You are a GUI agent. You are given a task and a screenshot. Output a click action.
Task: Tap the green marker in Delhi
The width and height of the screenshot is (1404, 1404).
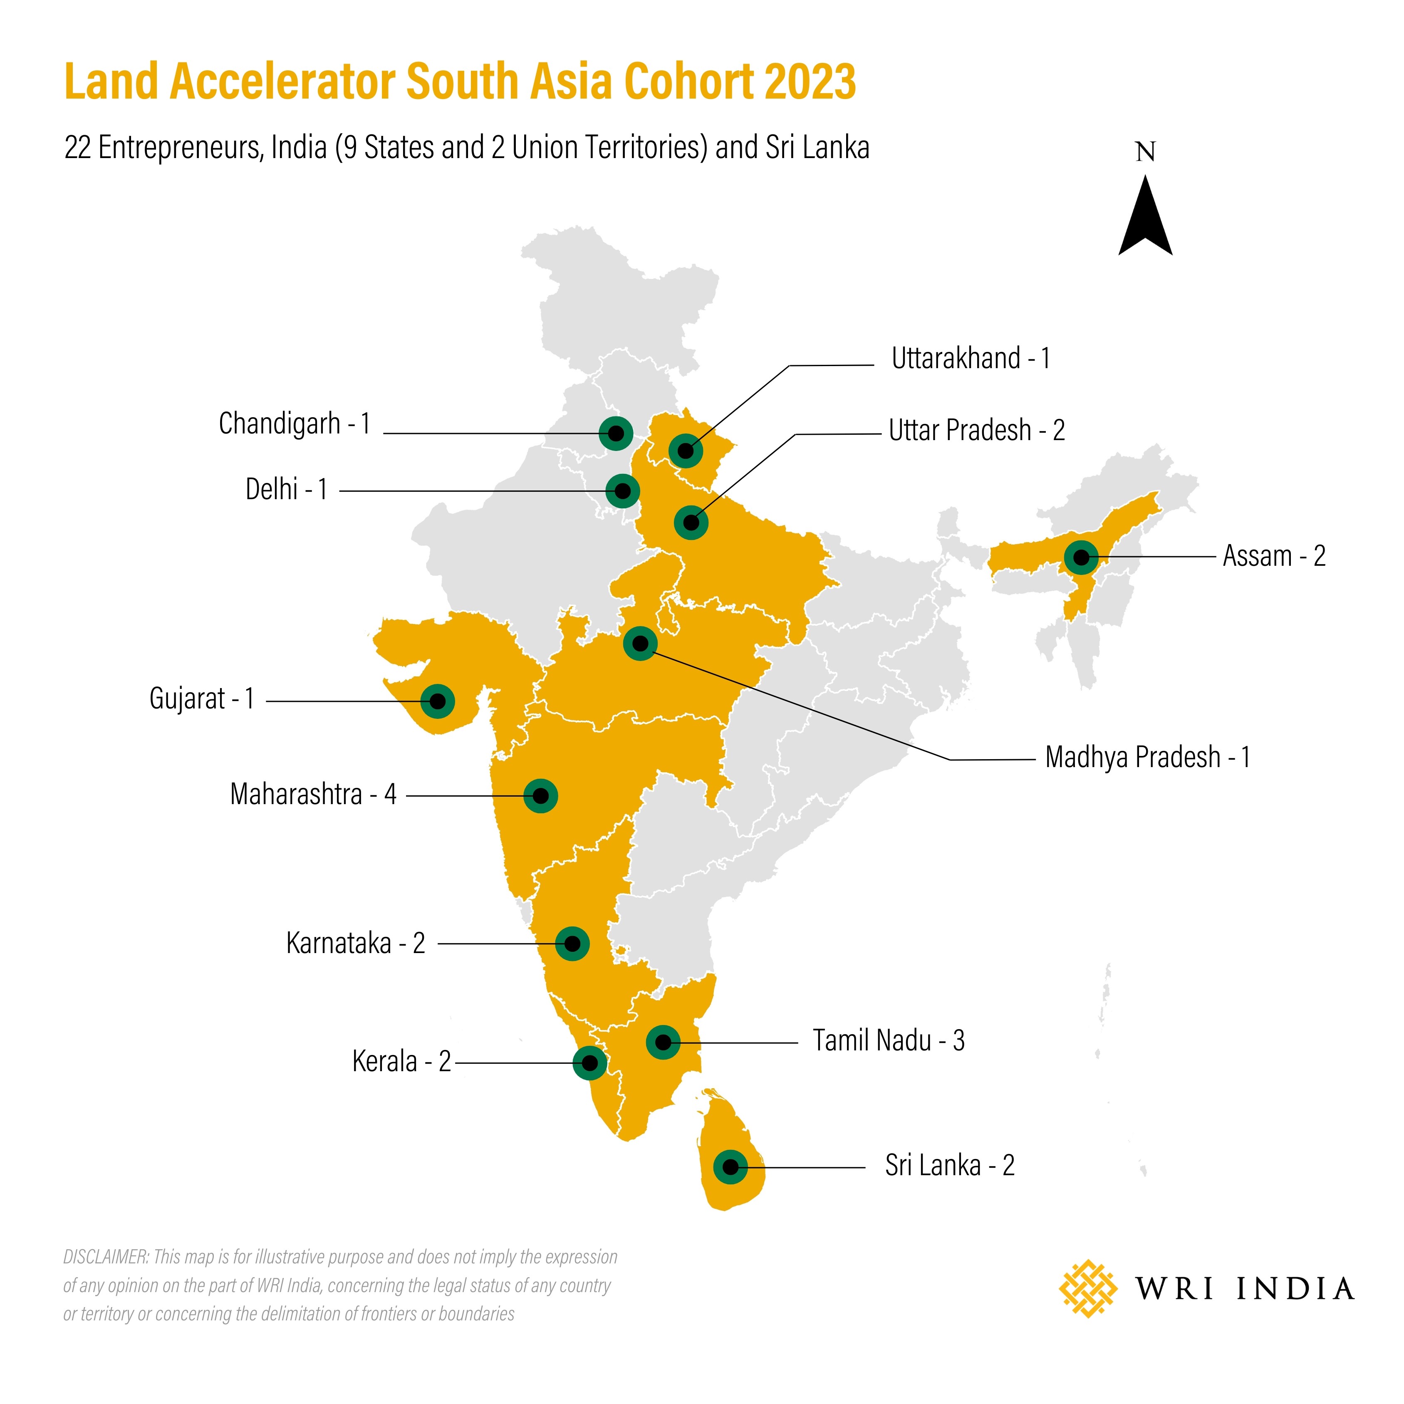pyautogui.click(x=623, y=491)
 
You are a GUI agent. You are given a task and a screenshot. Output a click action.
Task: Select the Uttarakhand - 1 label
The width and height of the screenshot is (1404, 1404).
pyautogui.click(x=970, y=358)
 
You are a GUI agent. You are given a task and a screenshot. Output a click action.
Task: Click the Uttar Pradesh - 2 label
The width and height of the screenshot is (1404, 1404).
pyautogui.click(x=976, y=430)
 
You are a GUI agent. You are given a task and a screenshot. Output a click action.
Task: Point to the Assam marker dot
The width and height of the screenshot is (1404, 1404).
pyautogui.click(x=1081, y=557)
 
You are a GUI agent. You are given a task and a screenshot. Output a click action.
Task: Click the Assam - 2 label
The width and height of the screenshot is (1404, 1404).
pyautogui.click(x=1274, y=556)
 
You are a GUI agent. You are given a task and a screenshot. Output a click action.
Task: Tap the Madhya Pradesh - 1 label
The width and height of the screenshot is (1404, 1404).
pyautogui.click(x=1147, y=757)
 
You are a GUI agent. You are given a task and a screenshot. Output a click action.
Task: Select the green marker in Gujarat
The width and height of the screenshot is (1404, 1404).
pyautogui.click(x=438, y=701)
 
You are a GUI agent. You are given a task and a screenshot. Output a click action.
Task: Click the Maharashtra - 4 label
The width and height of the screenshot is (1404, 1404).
pyautogui.click(x=313, y=794)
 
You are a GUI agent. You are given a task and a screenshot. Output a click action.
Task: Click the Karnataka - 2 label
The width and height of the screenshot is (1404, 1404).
pyautogui.click(x=355, y=943)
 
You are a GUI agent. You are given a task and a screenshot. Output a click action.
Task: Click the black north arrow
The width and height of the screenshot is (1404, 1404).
pyautogui.click(x=1145, y=218)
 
